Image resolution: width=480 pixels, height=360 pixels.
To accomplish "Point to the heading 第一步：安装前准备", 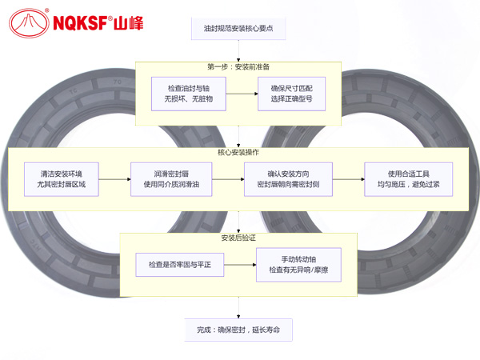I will pyautogui.click(x=239, y=66).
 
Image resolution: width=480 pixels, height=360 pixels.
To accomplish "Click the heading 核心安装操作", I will pyautogui.click(x=239, y=153).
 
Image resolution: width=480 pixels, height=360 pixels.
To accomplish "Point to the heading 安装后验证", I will pyautogui.click(x=239, y=238).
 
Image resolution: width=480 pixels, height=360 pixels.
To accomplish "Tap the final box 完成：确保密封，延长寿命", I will pyautogui.click(x=239, y=330).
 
